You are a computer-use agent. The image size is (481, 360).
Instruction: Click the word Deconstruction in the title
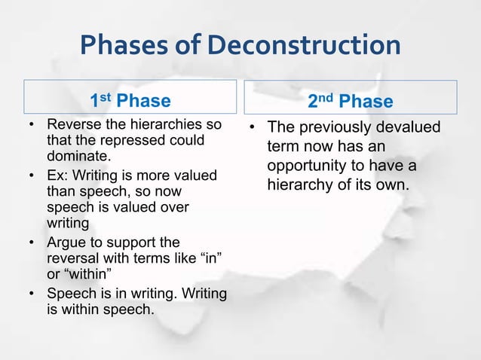304,46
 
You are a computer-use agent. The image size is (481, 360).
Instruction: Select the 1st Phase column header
130,101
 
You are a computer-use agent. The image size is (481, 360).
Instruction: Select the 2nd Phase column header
351,101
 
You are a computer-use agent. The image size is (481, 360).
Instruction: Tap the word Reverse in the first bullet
72,124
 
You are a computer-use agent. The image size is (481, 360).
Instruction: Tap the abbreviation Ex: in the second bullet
58,175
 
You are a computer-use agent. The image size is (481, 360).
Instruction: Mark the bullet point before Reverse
31,124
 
